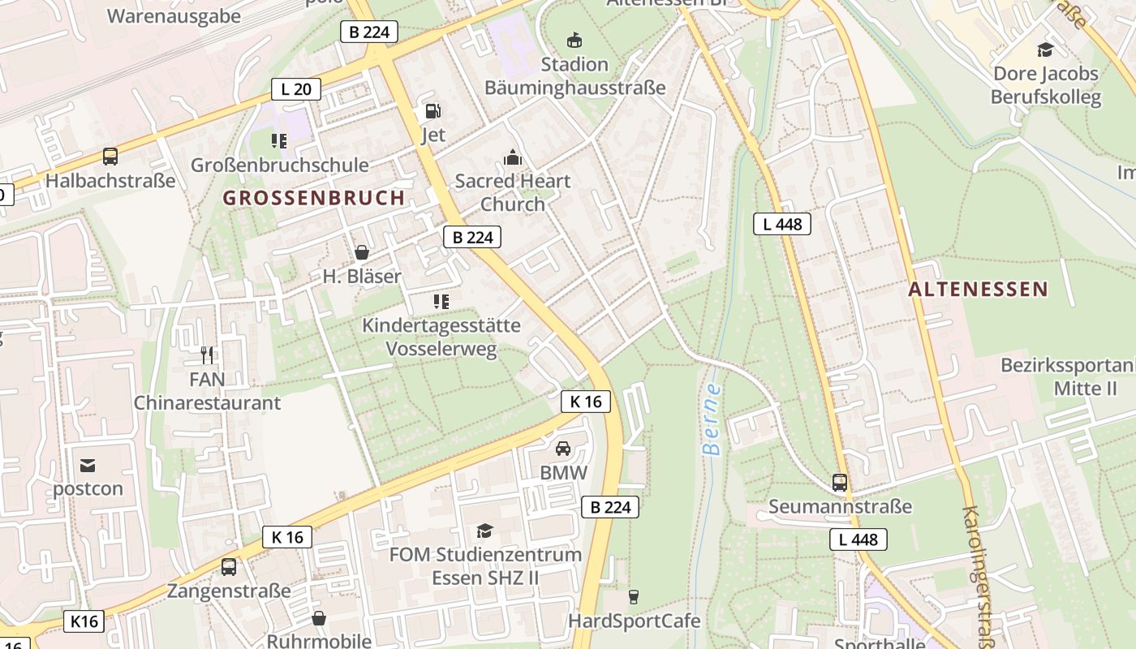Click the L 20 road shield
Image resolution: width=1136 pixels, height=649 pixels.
[295, 89]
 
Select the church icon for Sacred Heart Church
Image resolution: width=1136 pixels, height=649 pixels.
[512, 157]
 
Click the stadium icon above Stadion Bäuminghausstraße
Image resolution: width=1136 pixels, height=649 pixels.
[574, 40]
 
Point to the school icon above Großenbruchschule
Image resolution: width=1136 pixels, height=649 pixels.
[279, 141]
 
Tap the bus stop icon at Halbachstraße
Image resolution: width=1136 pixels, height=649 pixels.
[110, 157]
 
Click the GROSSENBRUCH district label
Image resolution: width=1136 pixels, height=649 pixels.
[314, 198]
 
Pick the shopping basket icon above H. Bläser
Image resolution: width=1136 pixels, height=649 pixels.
[362, 252]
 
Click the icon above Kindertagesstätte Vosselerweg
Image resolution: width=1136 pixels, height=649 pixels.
[441, 302]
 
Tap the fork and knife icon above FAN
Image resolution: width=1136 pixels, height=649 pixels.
[207, 355]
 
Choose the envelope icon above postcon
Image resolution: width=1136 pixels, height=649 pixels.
[88, 465]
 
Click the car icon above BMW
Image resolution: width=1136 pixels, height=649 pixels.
[563, 448]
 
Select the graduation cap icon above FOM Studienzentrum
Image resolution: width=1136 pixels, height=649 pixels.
[484, 531]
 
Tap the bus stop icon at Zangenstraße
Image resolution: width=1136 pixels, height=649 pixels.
[229, 567]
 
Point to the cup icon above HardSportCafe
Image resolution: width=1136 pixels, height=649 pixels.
[634, 597]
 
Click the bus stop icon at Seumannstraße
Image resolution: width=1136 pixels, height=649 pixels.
[840, 483]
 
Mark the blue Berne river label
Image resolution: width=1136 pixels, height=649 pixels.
[712, 419]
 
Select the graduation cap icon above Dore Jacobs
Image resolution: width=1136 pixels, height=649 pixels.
[1045, 49]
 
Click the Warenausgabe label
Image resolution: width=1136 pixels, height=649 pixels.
[174, 16]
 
